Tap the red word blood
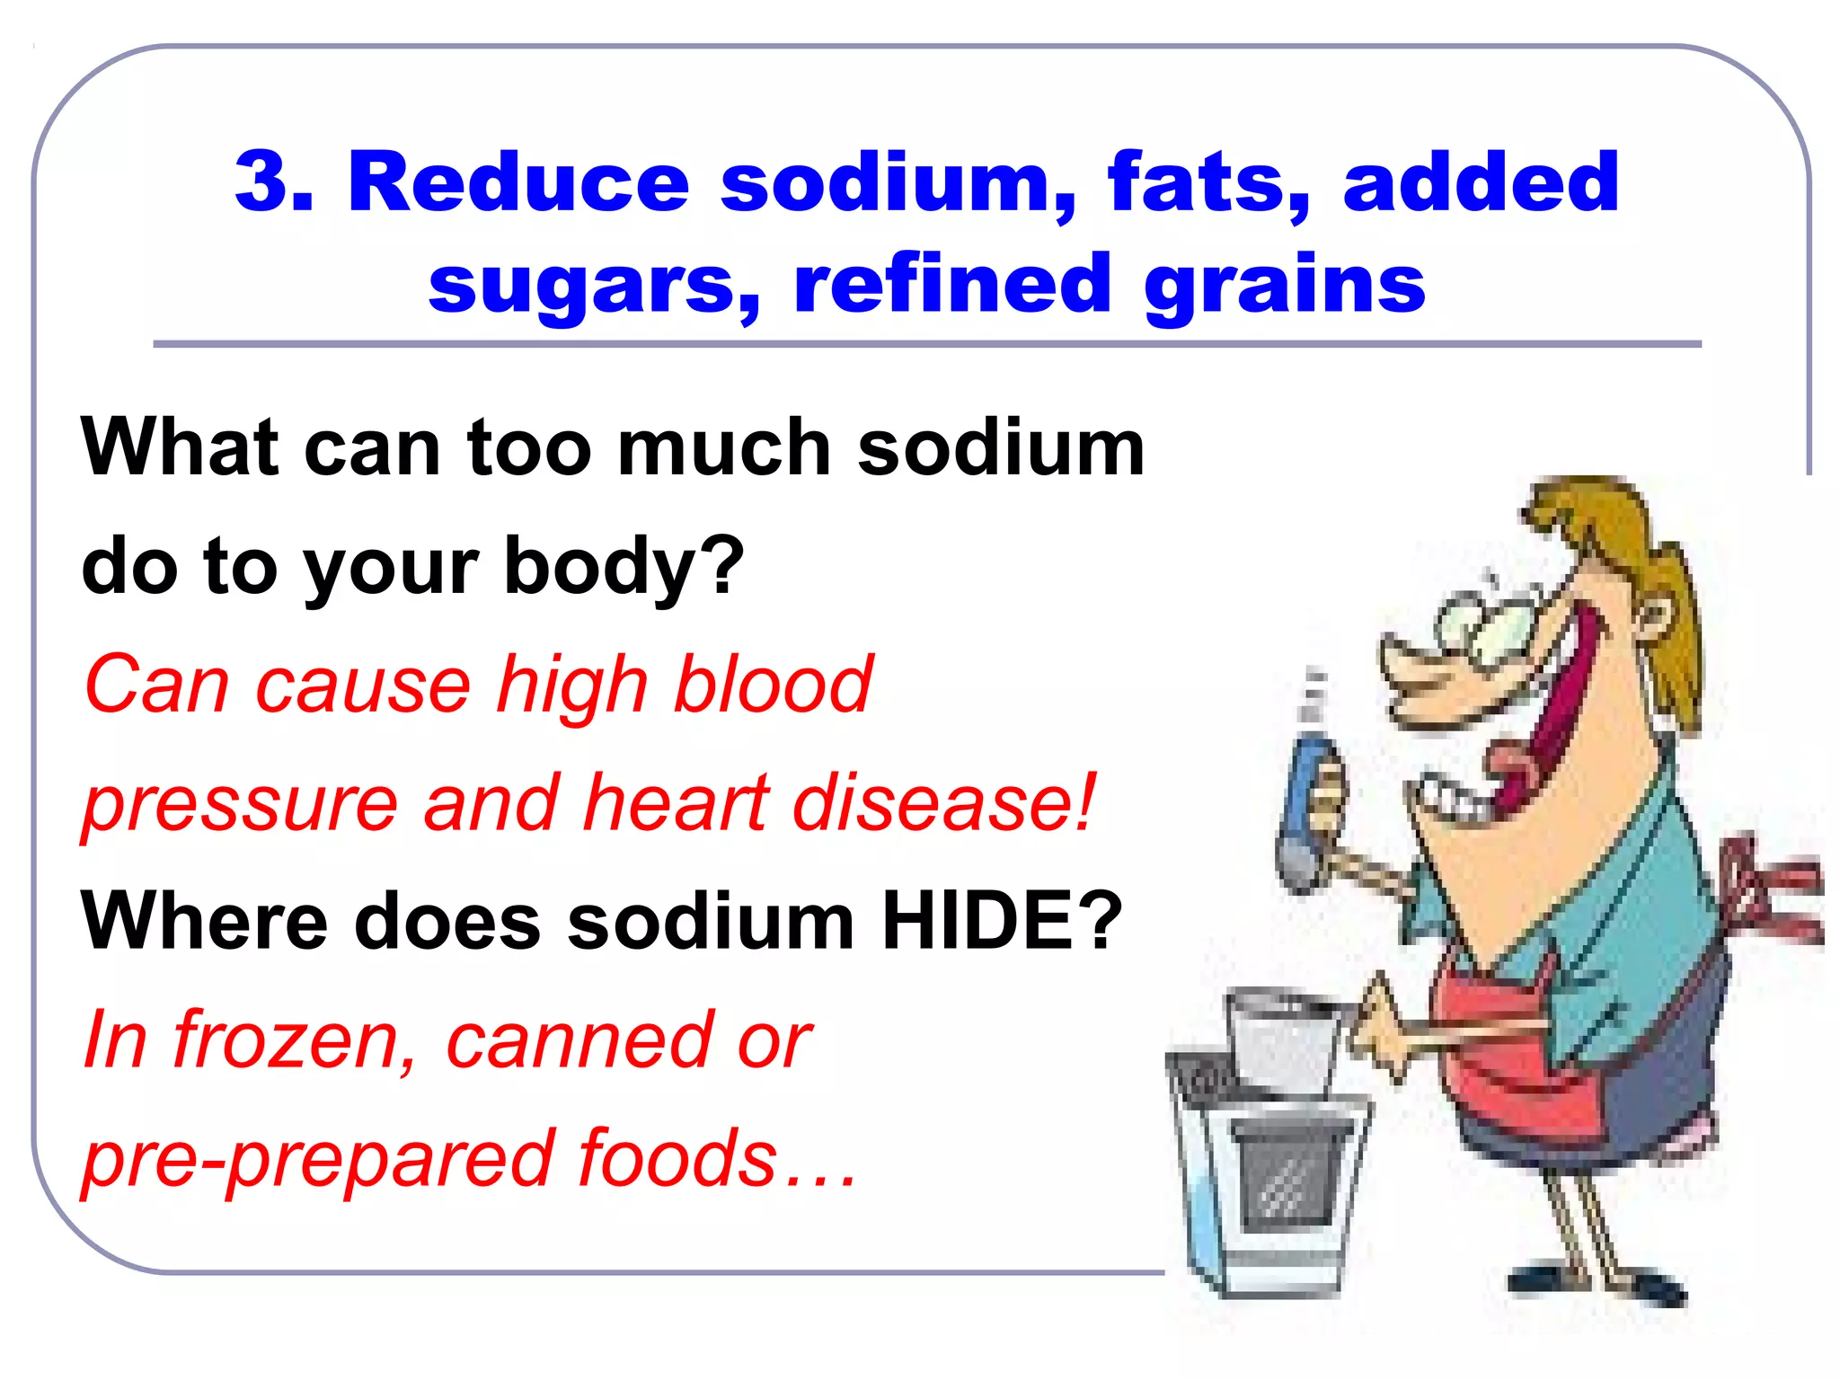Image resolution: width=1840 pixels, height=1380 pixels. (773, 685)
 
